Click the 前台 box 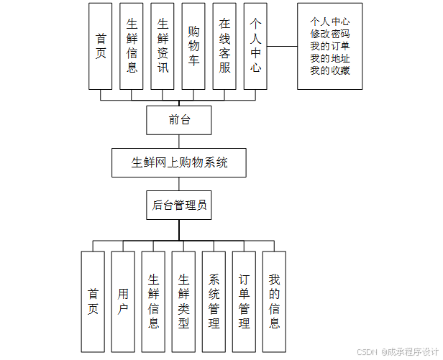click(179, 120)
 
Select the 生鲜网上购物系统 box click(179, 162)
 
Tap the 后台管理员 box click(179, 205)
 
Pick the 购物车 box click(193, 46)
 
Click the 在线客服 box click(224, 46)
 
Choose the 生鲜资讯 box click(163, 46)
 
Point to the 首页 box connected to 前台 click(101, 46)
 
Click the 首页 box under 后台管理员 click(93, 302)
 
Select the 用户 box click(123, 302)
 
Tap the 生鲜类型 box click(183, 302)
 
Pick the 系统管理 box click(214, 302)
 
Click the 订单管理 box click(244, 302)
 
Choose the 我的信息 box click(274, 302)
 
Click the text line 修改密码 click(330, 34)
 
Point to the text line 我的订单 click(330, 46)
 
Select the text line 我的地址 click(330, 58)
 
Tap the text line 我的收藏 click(330, 70)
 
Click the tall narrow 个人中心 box click(255, 46)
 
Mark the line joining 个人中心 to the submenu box click(282, 47)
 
